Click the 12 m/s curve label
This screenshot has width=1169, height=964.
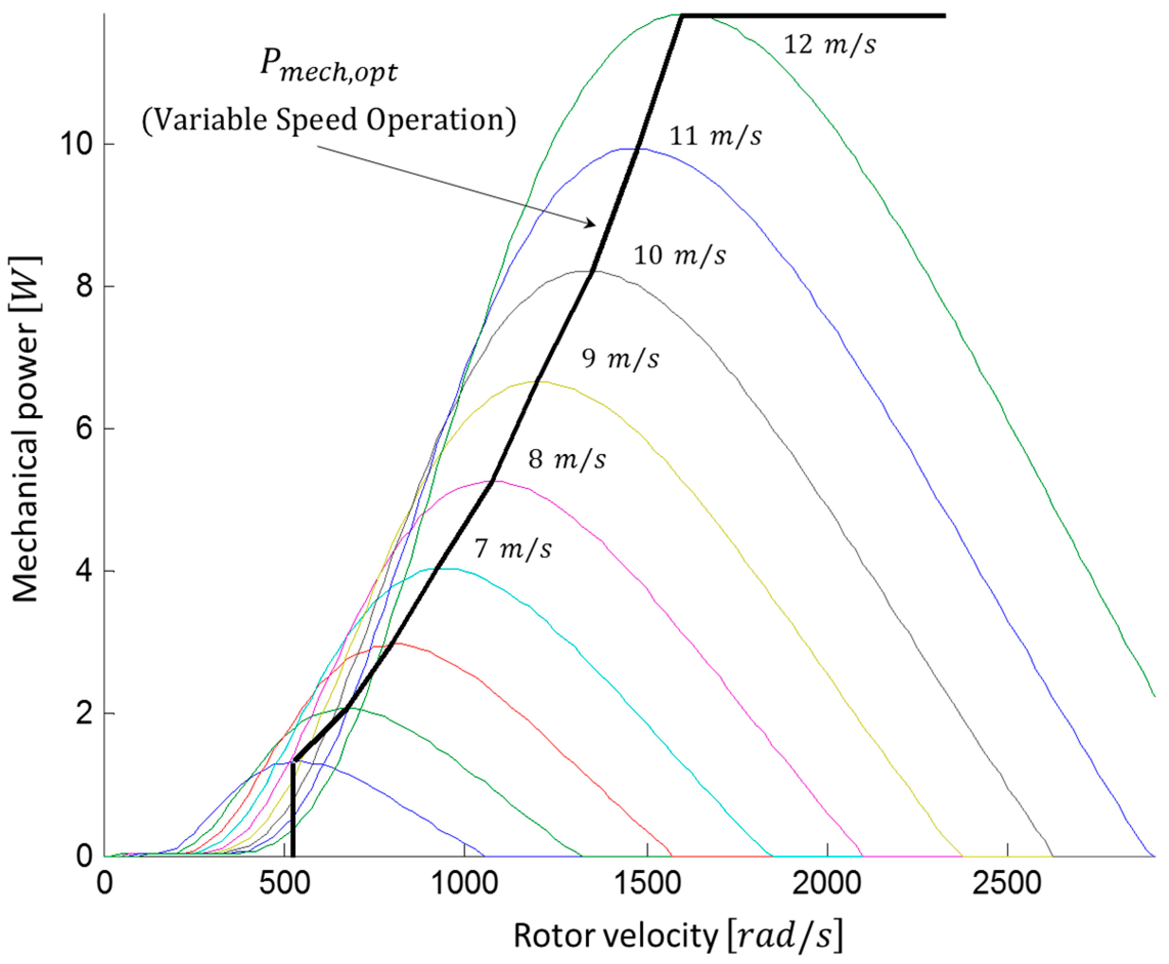pos(829,44)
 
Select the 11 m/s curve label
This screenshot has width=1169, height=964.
pos(716,136)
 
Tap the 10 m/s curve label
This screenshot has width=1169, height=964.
pos(679,255)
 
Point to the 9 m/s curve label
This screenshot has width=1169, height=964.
pos(620,358)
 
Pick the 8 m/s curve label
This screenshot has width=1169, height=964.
pos(567,459)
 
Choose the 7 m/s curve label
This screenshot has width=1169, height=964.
pos(513,549)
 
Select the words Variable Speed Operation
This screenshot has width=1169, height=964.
pos(329,120)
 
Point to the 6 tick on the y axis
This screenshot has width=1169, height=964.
pos(83,429)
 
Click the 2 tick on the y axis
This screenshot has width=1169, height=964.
pos(83,714)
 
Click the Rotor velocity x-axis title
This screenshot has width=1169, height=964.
pos(677,936)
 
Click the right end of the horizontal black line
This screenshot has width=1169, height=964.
pos(944,15)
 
